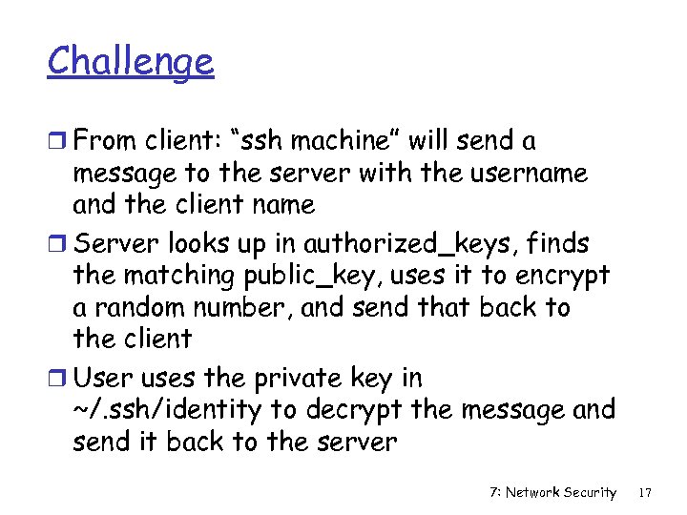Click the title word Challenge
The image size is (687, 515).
[131, 62]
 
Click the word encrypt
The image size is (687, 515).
[563, 277]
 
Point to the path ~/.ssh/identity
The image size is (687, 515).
[167, 411]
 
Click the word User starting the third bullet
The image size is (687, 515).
[101, 379]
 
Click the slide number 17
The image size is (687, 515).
[645, 492]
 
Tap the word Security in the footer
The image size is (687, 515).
[591, 492]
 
